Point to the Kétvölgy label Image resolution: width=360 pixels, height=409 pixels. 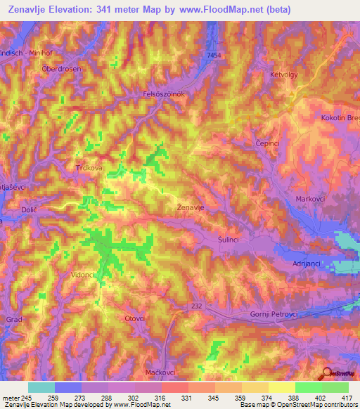pyautogui.click(x=284, y=74)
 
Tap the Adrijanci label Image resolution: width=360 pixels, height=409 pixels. pyautogui.click(x=307, y=263)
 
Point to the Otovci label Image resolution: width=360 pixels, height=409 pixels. pyautogui.click(x=134, y=318)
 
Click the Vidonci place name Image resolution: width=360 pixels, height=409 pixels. pyautogui.click(x=82, y=275)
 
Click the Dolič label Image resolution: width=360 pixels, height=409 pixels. pyautogui.click(x=29, y=211)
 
